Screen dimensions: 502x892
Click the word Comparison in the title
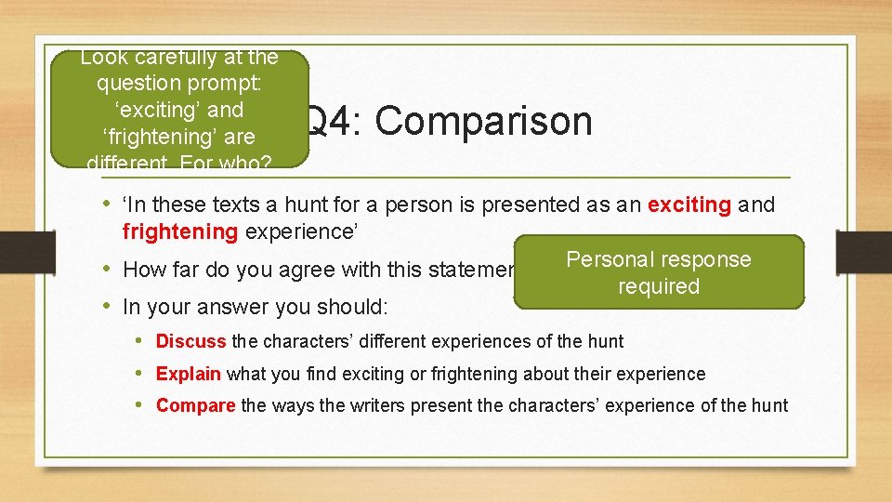pyautogui.click(x=483, y=122)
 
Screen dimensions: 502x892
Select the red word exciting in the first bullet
pyautogui.click(x=689, y=205)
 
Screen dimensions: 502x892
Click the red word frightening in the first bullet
pyautogui.click(x=180, y=231)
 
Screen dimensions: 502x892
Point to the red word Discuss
pyautogui.click(x=190, y=341)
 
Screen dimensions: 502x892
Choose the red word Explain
pyautogui.click(x=188, y=374)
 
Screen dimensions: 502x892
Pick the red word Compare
pyautogui.click(x=195, y=405)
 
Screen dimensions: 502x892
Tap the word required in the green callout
pyautogui.click(x=658, y=286)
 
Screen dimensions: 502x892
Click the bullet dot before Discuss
pyautogui.click(x=138, y=341)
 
